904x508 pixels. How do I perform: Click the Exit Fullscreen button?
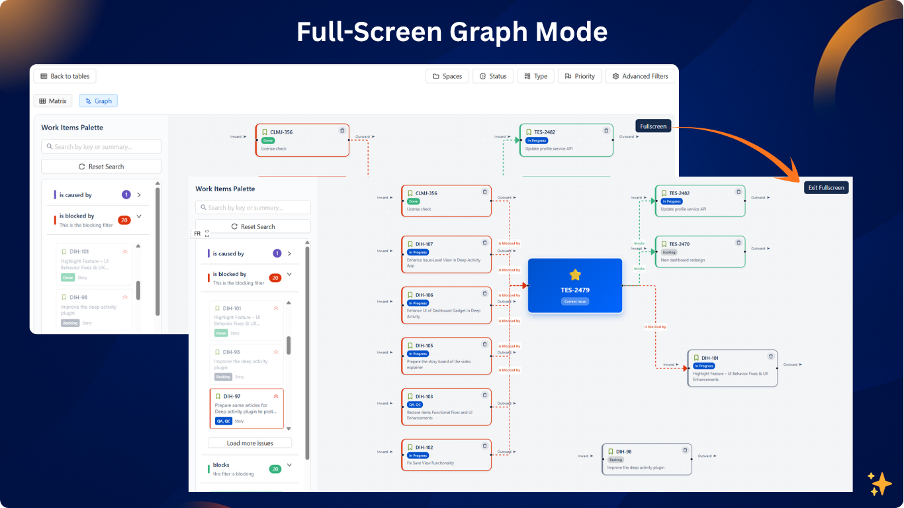coord(826,188)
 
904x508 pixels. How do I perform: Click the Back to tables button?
coord(65,76)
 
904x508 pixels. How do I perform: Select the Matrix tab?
coord(52,101)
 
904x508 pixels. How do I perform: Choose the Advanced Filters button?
coord(640,76)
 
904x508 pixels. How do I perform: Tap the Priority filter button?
coord(580,76)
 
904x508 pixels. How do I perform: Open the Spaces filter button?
coord(447,76)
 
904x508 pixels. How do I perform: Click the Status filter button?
coord(493,76)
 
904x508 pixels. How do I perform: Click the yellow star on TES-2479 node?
coord(575,275)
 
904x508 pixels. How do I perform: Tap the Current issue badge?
coord(575,302)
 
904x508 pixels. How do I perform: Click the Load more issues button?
coord(249,443)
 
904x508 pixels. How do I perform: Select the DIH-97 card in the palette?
coord(246,408)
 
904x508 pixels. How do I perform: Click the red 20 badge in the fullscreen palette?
coord(275,278)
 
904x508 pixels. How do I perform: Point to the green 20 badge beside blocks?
coord(275,469)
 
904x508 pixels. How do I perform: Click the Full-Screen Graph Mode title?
coord(452,31)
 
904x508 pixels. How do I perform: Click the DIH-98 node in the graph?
coord(647,459)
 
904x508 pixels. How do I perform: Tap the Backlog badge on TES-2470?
coord(669,252)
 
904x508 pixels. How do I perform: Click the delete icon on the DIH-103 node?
coord(484,395)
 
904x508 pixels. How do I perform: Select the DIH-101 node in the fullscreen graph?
coord(732,368)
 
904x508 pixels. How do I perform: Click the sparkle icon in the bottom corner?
coord(880,484)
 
